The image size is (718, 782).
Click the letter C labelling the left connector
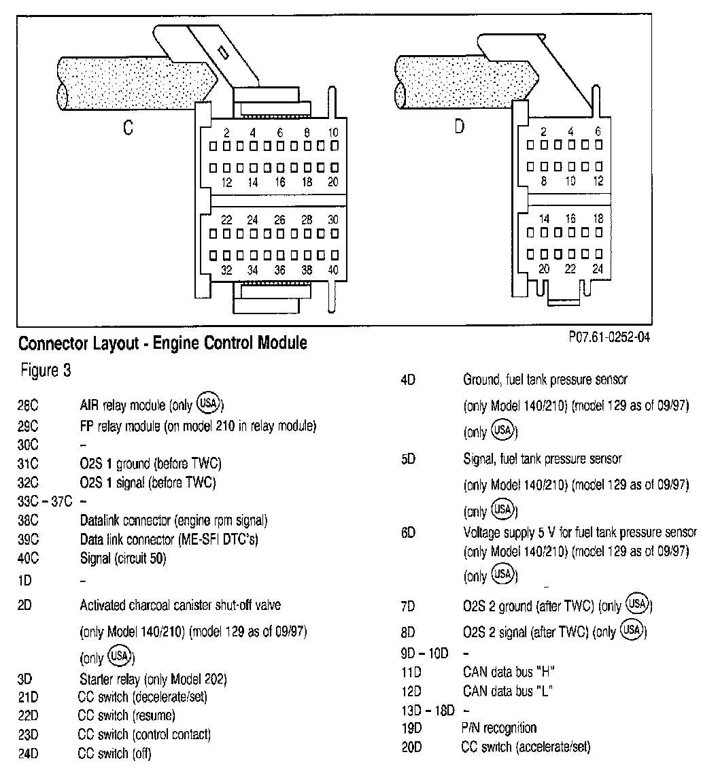coord(128,127)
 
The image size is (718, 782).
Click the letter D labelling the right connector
coord(459,127)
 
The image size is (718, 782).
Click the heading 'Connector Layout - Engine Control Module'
coord(162,343)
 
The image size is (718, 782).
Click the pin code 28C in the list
coord(28,406)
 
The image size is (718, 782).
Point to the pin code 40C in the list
coord(28,559)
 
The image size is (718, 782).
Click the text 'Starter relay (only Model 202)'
coord(153,679)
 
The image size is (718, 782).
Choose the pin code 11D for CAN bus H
coord(411,673)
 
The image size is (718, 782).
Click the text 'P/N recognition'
coord(498,728)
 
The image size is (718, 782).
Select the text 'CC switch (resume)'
coord(126,715)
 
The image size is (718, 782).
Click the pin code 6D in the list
coord(408,533)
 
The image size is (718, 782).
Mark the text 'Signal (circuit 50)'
coord(123,559)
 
